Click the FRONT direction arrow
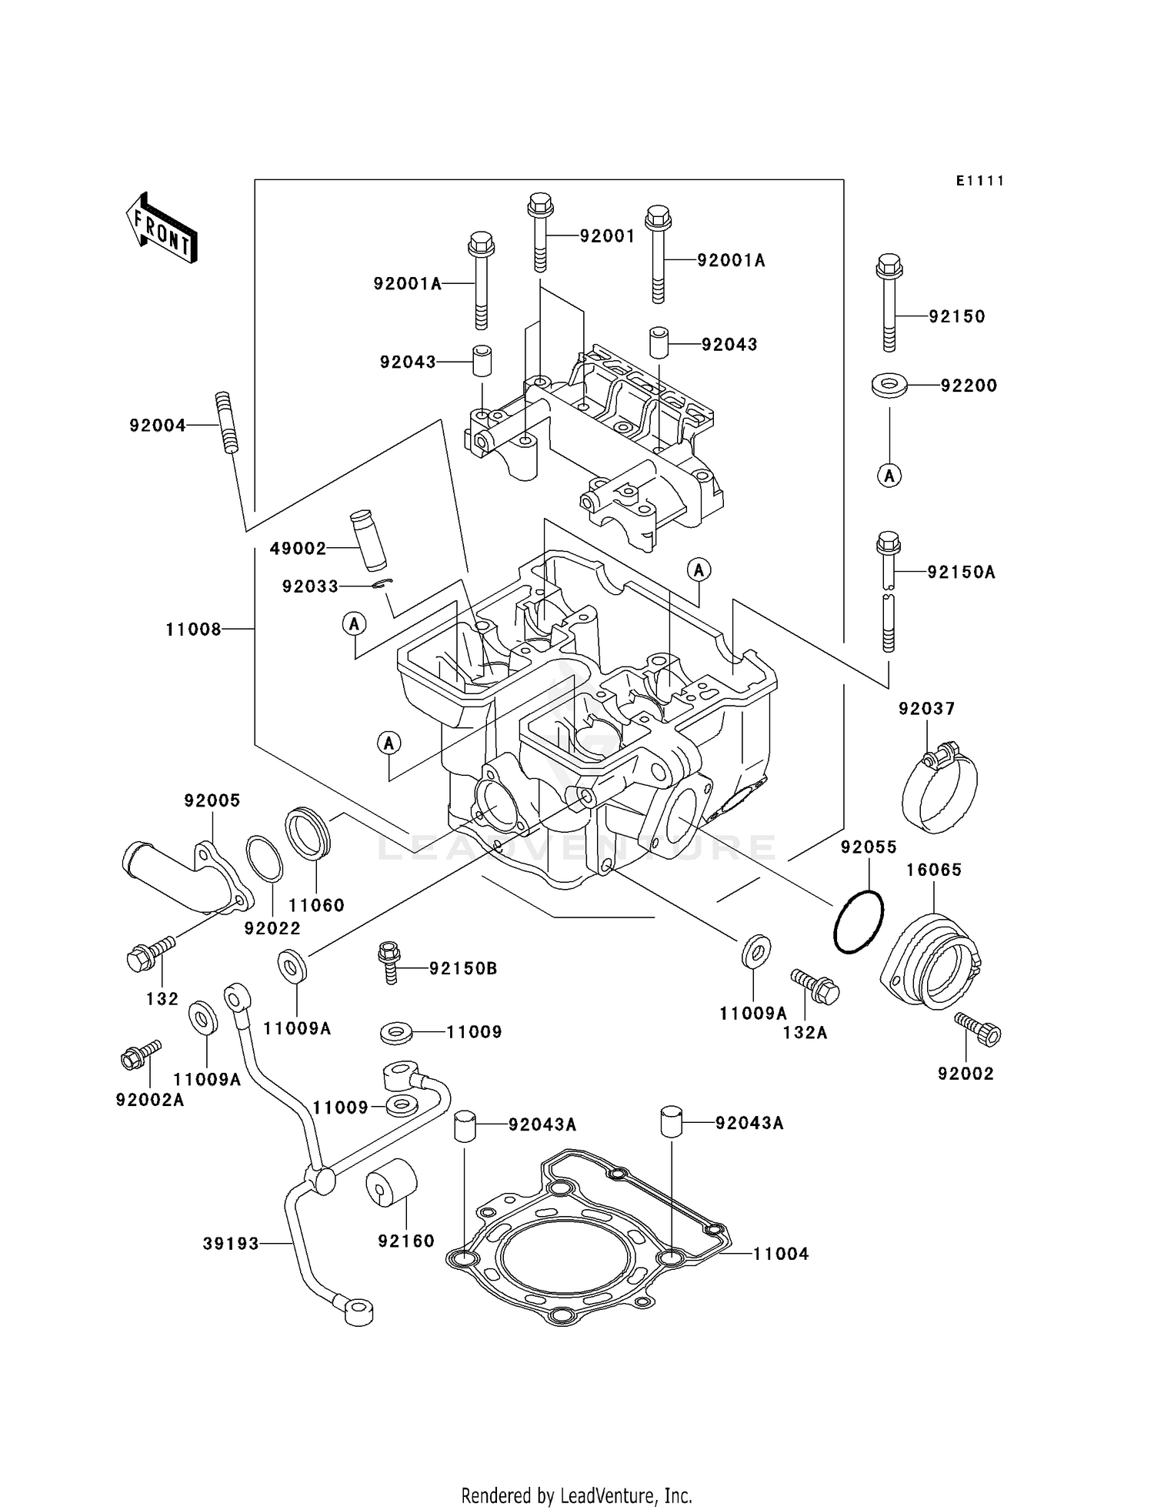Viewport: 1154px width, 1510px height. coord(162,230)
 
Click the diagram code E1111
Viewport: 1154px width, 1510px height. coord(980,181)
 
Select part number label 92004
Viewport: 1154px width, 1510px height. coord(158,426)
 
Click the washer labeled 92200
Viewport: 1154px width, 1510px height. coord(889,385)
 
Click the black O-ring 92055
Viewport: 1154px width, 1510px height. coord(859,922)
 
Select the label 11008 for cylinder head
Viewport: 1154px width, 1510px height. coord(193,630)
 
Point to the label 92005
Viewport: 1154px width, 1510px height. coord(212,800)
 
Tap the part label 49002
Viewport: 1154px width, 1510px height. coord(298,549)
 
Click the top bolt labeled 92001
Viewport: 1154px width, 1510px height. coord(540,231)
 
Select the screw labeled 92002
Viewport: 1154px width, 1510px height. coord(979,1029)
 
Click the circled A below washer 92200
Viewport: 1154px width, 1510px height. coord(889,476)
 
